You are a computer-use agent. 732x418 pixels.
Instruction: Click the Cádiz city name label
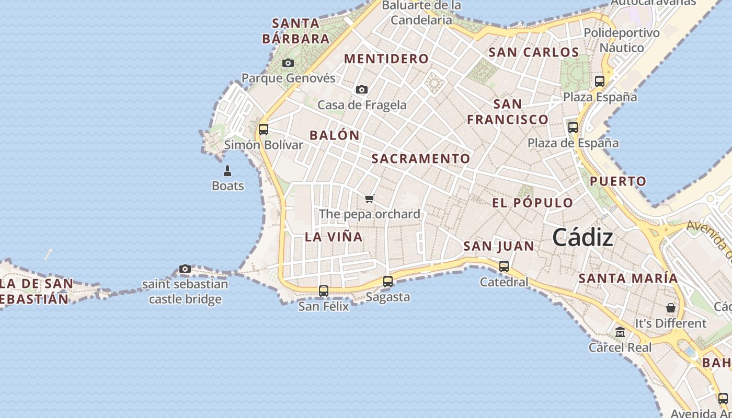[582, 238]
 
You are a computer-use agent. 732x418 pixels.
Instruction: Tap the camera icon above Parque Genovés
[288, 63]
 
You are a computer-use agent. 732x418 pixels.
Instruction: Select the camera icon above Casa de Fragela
[362, 90]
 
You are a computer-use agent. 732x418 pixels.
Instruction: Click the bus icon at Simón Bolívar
[264, 129]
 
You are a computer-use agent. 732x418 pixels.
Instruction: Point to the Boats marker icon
[227, 171]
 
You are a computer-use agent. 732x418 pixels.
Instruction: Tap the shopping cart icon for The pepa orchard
[370, 199]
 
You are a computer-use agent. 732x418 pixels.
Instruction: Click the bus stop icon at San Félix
[324, 291]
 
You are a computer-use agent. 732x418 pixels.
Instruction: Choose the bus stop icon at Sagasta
[388, 282]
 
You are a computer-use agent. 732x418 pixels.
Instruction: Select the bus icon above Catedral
[504, 266]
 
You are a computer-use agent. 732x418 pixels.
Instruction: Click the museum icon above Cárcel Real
[620, 332]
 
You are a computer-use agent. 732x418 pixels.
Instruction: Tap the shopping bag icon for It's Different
[671, 308]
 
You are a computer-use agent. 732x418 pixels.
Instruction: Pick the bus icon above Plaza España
[600, 82]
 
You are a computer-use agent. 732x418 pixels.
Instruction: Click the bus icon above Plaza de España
[573, 127]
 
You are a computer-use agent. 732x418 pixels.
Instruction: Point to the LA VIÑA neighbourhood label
[334, 237]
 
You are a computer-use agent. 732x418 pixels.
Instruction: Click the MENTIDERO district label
[386, 59]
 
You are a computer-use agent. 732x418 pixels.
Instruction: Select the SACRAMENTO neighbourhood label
[421, 158]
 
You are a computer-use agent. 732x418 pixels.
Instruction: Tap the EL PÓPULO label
[532, 203]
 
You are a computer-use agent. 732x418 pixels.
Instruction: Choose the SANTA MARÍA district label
[628, 278]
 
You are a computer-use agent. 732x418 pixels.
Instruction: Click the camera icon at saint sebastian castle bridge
[185, 269]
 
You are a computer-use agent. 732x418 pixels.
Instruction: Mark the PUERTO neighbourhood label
[618, 181]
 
